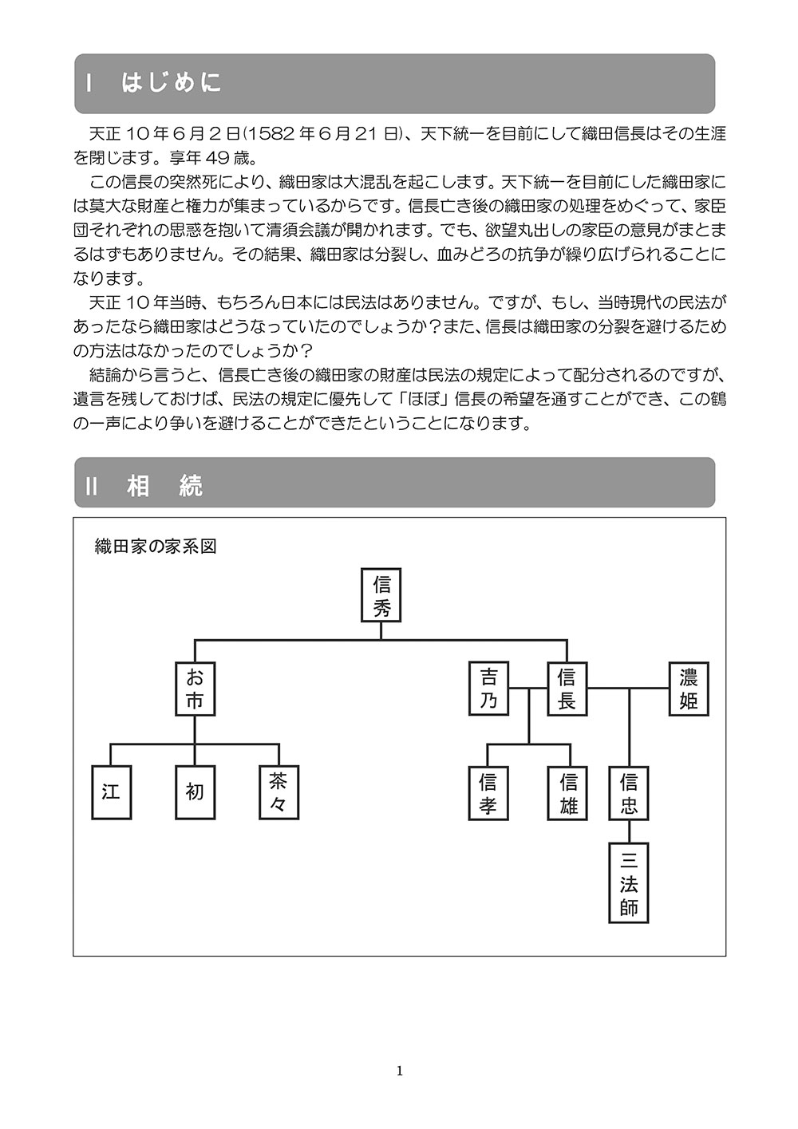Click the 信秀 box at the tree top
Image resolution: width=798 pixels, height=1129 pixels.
[x=381, y=594]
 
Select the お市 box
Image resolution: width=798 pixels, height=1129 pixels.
[x=195, y=689]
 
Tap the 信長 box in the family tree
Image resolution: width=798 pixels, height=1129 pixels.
[x=567, y=689]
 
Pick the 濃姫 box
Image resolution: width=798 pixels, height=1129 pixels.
[x=688, y=689]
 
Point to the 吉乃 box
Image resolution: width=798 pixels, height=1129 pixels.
[x=488, y=689]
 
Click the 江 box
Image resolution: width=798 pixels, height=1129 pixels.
[x=111, y=792]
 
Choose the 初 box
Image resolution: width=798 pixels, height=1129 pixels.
[x=195, y=792]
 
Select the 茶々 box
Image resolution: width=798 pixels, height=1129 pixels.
[x=279, y=792]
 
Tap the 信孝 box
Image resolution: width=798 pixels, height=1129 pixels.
[x=488, y=793]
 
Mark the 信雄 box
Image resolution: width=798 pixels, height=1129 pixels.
[x=569, y=793]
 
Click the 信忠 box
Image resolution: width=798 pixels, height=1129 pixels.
[x=629, y=793]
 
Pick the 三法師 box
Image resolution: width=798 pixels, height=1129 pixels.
[x=629, y=883]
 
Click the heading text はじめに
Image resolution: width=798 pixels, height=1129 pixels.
[x=172, y=83]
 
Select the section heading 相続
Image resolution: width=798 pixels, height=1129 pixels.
[x=164, y=486]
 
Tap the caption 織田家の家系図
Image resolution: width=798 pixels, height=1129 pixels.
[x=156, y=547]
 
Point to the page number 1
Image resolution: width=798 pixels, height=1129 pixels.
[x=399, y=1071]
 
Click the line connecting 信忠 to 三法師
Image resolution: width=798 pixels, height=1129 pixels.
[x=629, y=831]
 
